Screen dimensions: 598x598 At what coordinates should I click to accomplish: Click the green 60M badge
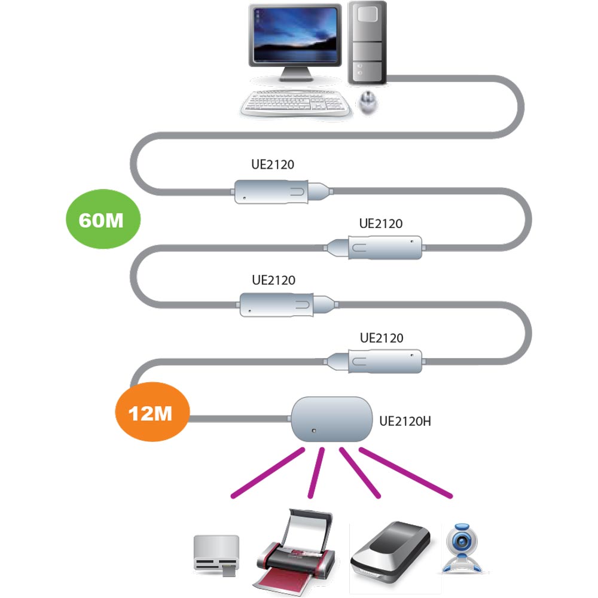pyautogui.click(x=103, y=219)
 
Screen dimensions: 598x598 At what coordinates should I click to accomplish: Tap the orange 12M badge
pyautogui.click(x=152, y=412)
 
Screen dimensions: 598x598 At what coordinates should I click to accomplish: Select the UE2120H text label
pyautogui.click(x=405, y=422)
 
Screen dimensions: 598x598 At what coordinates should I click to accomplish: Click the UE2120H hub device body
pyautogui.click(x=332, y=419)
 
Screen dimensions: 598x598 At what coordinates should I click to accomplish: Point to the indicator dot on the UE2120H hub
pyautogui.click(x=314, y=431)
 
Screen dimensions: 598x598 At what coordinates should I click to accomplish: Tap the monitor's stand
pyautogui.click(x=295, y=74)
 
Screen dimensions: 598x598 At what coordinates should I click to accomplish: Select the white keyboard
pyautogui.click(x=295, y=103)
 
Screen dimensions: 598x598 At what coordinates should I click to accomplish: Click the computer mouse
pyautogui.click(x=368, y=102)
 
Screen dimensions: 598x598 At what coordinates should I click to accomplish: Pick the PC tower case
pyautogui.click(x=367, y=42)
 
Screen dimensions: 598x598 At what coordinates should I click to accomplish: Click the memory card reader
pyautogui.click(x=216, y=556)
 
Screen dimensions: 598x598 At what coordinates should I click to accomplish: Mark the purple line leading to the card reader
pyautogui.click(x=268, y=473)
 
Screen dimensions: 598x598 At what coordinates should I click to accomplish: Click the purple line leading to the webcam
pyautogui.click(x=406, y=472)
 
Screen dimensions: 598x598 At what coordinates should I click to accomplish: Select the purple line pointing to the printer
pyautogui.click(x=316, y=473)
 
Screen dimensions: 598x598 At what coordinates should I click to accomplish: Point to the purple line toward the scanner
pyautogui.click(x=360, y=473)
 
